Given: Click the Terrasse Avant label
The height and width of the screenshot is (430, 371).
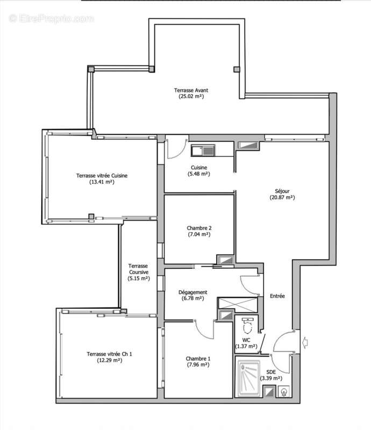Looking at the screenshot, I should [x=190, y=90].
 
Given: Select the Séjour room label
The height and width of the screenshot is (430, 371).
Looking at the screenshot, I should [x=282, y=190].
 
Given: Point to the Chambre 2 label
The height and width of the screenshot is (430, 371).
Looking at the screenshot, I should [x=198, y=227].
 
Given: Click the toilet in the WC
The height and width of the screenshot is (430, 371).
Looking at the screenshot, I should [x=247, y=326].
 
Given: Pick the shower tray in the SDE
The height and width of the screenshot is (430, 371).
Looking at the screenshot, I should [x=247, y=378].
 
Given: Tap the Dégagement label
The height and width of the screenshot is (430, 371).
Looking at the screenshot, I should [x=192, y=292].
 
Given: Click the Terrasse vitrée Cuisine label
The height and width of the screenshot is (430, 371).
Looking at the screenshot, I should [x=101, y=175].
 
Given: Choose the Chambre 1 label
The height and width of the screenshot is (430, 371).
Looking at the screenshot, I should [x=198, y=359].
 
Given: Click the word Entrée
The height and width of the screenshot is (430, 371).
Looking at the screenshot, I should [x=277, y=296].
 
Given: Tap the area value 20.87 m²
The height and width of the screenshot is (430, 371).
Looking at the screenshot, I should [x=282, y=197].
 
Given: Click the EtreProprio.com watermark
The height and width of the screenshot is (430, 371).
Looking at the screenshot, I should [x=52, y=18].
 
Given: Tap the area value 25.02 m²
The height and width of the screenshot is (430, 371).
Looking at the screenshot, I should [x=190, y=97].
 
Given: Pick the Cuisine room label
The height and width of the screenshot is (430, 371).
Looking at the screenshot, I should [x=198, y=167].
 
